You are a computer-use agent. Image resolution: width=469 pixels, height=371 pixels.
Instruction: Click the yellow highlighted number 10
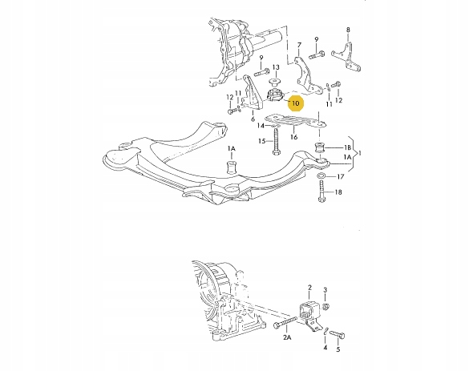tap(295, 103)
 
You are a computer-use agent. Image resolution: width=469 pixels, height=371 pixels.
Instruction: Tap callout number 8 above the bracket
tap(348, 30)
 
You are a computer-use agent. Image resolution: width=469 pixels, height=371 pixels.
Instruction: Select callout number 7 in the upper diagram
tap(299, 46)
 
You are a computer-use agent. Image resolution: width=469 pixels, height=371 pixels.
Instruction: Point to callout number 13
tap(276, 67)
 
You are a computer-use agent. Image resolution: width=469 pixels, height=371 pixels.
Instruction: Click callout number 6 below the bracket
tap(253, 119)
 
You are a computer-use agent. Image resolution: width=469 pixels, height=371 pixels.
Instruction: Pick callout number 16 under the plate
tap(294, 137)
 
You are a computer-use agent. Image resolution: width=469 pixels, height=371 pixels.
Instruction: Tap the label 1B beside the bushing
tap(347, 147)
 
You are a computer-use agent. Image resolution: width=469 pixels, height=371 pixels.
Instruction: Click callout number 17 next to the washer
tap(341, 176)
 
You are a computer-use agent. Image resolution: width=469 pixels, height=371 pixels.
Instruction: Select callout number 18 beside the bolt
tap(338, 192)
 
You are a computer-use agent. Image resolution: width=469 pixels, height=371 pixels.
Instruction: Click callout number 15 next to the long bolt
tap(262, 141)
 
